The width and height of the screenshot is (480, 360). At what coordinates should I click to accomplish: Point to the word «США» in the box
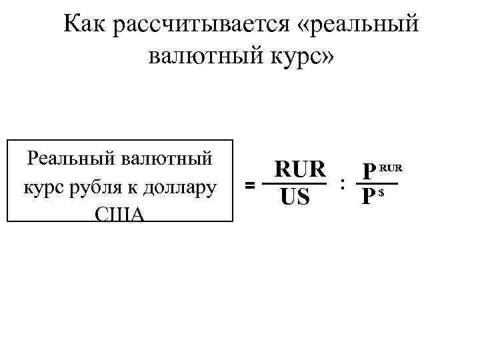click(x=120, y=214)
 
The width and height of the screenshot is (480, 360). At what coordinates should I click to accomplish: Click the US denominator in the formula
click(x=294, y=197)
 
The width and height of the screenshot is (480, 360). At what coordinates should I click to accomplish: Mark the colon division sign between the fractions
click(x=342, y=183)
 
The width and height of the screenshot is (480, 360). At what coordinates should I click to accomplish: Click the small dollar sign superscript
click(x=381, y=193)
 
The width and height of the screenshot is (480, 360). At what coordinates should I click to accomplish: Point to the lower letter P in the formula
click(x=367, y=198)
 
